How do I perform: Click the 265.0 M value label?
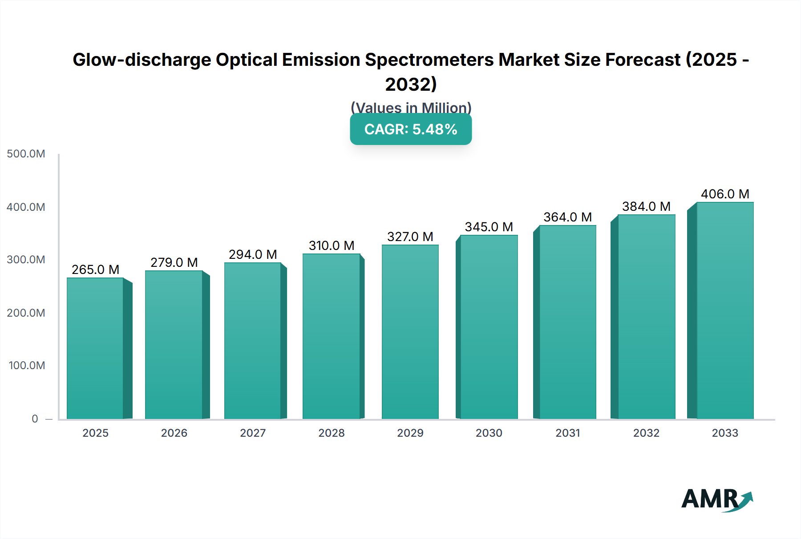95,269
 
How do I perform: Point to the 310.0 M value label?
332,245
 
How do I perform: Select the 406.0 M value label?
725,194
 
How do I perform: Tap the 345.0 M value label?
489,227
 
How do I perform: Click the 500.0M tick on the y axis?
26,154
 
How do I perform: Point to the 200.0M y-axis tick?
26,313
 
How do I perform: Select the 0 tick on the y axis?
35,418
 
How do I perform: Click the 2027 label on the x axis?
253,433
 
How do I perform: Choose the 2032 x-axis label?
646,433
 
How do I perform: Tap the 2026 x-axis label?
174,433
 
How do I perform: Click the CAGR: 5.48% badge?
411,129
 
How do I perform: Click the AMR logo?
716,499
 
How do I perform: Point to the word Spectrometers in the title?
429,60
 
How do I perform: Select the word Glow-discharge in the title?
142,60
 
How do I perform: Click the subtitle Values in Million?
411,108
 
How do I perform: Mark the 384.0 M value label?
646,206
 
